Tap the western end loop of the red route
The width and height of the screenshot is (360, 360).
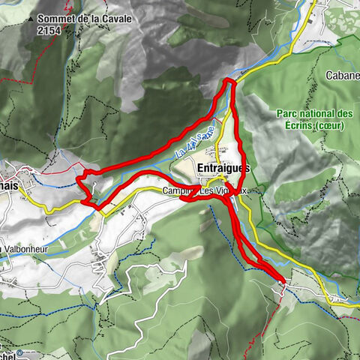(85, 188)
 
